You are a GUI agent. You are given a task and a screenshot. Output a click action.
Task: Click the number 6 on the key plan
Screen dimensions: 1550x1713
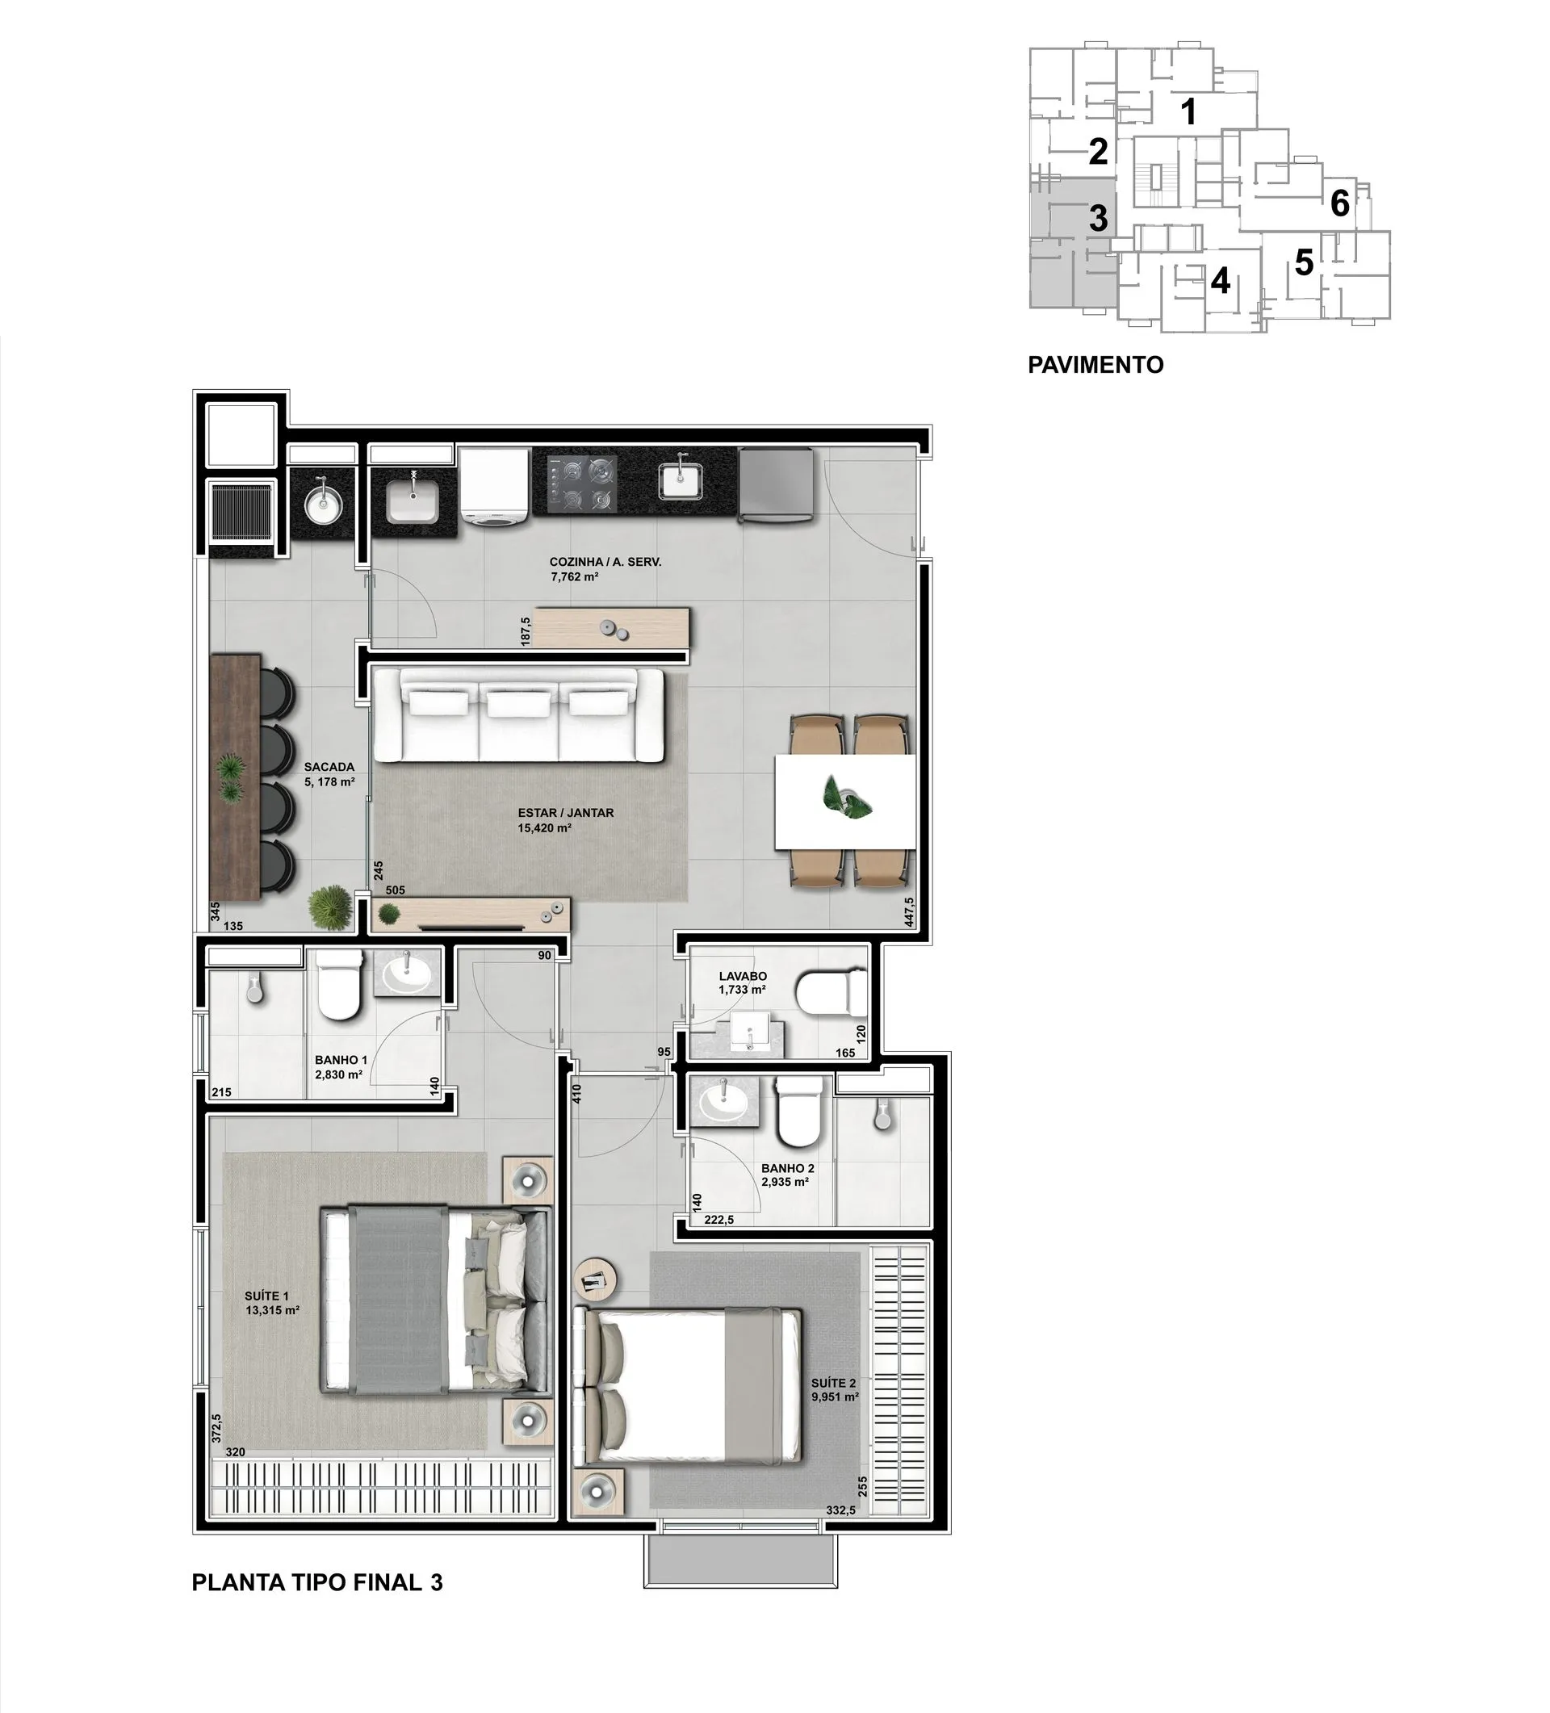coord(1339,203)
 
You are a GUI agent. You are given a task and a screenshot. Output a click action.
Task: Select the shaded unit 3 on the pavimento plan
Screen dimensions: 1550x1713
coord(1072,244)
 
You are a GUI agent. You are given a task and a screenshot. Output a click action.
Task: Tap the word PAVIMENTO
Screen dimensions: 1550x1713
coord(1095,365)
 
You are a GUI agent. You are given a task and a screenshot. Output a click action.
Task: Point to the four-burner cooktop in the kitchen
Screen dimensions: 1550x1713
coord(582,482)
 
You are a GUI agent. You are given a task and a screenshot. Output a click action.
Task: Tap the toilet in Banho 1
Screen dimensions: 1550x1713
coord(339,986)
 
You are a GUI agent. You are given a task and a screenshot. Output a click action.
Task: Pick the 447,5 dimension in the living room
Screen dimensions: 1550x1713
coord(908,911)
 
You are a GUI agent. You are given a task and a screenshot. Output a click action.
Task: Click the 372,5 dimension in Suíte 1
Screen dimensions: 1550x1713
coord(216,1427)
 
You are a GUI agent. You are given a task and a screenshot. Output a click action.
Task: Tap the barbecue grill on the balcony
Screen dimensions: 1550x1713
coord(242,513)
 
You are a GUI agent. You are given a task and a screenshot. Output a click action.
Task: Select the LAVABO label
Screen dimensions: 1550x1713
coord(743,976)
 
